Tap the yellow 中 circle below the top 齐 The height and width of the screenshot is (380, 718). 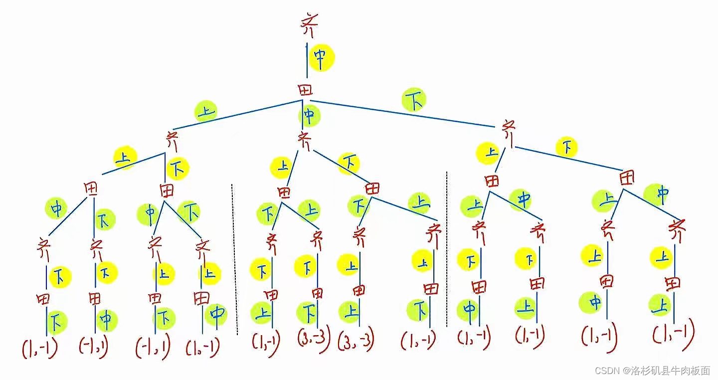321,58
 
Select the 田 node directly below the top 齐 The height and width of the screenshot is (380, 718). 305,90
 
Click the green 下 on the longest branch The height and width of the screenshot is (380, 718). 415,100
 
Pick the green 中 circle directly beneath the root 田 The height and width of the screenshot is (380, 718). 310,116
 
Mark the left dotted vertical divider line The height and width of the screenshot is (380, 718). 233,259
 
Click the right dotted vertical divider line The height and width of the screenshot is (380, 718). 447,249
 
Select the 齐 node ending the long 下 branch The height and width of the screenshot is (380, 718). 508,132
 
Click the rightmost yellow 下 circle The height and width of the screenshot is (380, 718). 567,148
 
